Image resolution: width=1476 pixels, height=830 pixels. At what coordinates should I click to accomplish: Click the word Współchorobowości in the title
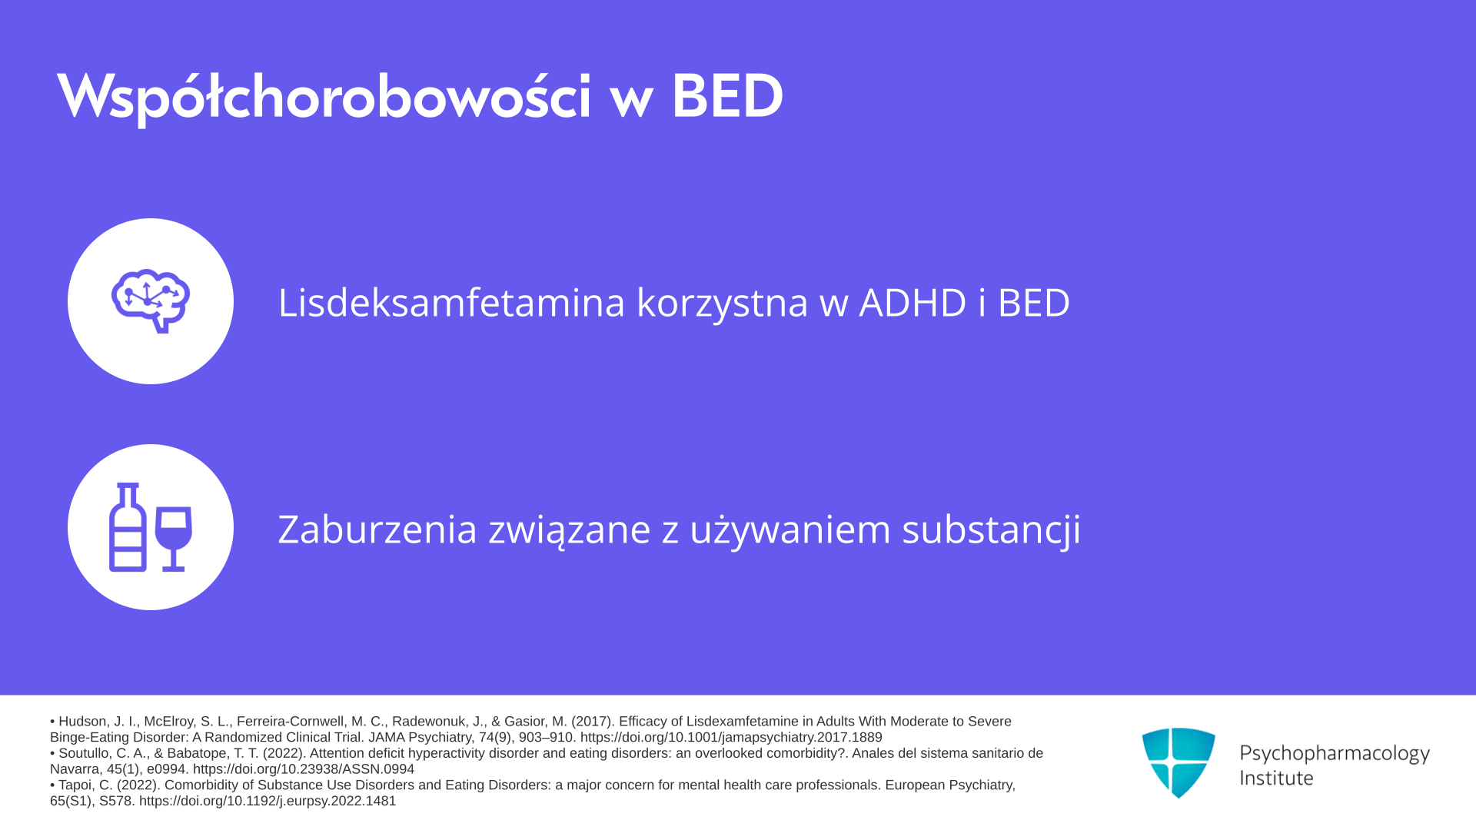324,98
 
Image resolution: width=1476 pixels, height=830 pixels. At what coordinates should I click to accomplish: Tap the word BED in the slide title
727,97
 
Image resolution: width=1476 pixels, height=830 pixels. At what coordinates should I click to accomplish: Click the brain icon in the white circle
151,301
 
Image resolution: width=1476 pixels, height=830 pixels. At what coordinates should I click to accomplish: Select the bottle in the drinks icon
128,527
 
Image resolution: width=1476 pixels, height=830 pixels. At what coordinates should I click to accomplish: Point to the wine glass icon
174,538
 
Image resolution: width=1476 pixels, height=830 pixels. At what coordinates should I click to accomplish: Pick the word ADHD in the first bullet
913,302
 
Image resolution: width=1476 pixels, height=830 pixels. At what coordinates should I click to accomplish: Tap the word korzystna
722,303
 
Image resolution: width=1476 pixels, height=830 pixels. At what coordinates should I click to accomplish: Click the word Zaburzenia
377,530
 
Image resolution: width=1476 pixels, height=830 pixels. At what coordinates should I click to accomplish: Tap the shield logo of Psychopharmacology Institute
1178,762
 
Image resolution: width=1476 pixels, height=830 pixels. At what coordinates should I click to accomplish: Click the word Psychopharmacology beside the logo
1335,753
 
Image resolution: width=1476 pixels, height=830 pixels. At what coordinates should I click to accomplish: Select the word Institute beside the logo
1276,778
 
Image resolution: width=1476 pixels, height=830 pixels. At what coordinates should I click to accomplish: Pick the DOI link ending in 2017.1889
731,738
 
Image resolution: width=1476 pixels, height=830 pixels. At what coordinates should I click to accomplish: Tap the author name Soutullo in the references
85,753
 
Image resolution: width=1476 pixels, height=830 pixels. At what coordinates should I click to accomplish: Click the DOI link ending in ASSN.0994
304,769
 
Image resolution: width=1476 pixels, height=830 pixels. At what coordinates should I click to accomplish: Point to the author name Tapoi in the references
75,785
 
